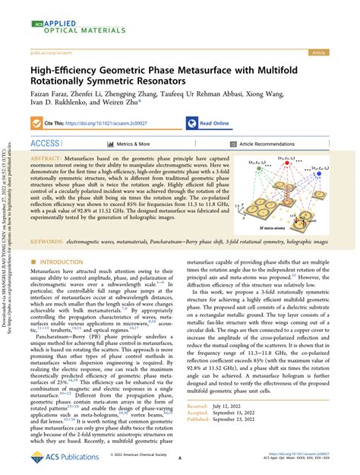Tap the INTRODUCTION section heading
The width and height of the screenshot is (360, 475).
[63, 262]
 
